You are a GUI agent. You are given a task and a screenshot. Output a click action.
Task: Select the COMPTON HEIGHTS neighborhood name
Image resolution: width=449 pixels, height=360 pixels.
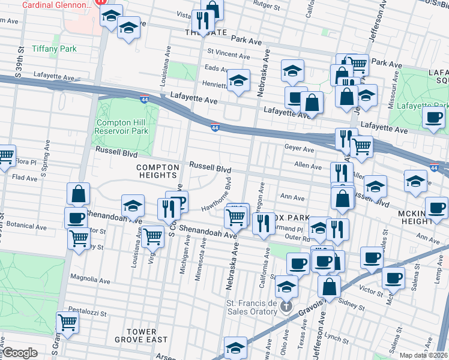pyautogui.click(x=158, y=171)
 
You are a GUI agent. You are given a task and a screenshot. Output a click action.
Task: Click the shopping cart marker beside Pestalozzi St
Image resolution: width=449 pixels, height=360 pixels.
pyautogui.click(x=68, y=322)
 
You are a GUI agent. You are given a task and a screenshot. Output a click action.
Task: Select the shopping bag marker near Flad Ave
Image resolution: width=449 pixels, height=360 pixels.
pyautogui.click(x=79, y=194)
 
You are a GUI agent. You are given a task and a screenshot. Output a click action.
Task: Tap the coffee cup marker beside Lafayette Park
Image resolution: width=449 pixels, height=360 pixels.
pyautogui.click(x=433, y=118)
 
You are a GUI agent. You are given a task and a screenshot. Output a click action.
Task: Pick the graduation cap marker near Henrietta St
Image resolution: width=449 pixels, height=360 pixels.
pyautogui.click(x=238, y=81)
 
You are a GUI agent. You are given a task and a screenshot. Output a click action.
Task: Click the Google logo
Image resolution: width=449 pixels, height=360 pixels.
pyautogui.click(x=20, y=353)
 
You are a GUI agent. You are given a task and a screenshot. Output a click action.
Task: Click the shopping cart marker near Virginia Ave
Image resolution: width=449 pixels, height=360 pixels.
pyautogui.click(x=152, y=236)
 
